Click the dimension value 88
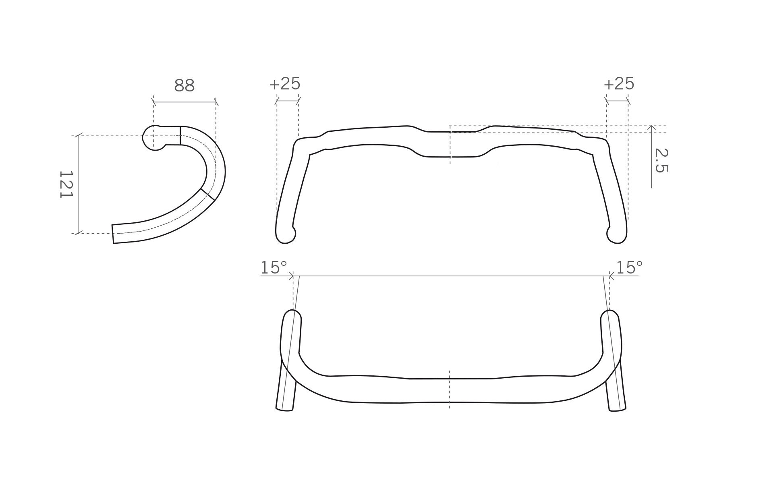(184, 85)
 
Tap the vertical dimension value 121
(66, 184)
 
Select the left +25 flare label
(285, 84)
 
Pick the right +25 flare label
(619, 84)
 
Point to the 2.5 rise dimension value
(661, 160)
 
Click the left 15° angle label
(274, 267)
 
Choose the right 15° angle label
(630, 267)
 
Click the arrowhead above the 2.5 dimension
(651, 128)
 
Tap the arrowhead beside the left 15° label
(291, 276)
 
